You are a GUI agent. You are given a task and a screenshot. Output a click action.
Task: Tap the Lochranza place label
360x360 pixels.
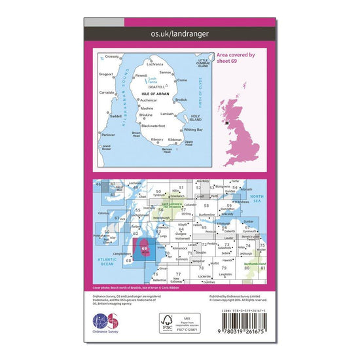point(155,64)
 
